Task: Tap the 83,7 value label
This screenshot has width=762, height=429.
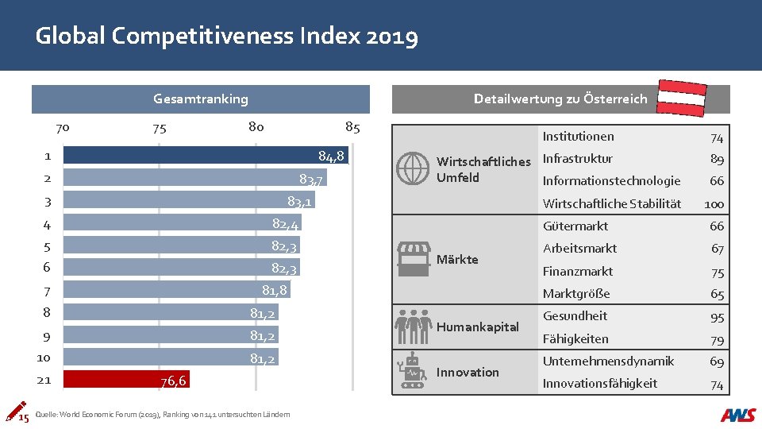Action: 310,179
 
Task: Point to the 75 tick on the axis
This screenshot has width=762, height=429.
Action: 160,128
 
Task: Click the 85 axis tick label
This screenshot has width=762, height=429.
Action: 352,127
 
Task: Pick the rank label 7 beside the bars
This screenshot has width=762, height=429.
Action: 48,292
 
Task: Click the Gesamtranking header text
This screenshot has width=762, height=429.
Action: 200,99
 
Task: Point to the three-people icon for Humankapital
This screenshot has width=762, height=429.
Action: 412,325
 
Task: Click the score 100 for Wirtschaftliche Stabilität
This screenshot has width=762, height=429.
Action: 714,204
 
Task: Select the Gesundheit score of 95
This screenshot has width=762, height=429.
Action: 717,317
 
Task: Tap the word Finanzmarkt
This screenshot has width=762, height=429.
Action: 577,271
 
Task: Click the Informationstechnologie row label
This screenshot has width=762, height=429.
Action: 611,181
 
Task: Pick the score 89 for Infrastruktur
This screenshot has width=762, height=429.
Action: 717,159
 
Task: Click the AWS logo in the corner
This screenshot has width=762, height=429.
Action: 738,415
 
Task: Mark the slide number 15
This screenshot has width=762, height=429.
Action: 24,418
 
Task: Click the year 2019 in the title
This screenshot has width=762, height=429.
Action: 390,37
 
